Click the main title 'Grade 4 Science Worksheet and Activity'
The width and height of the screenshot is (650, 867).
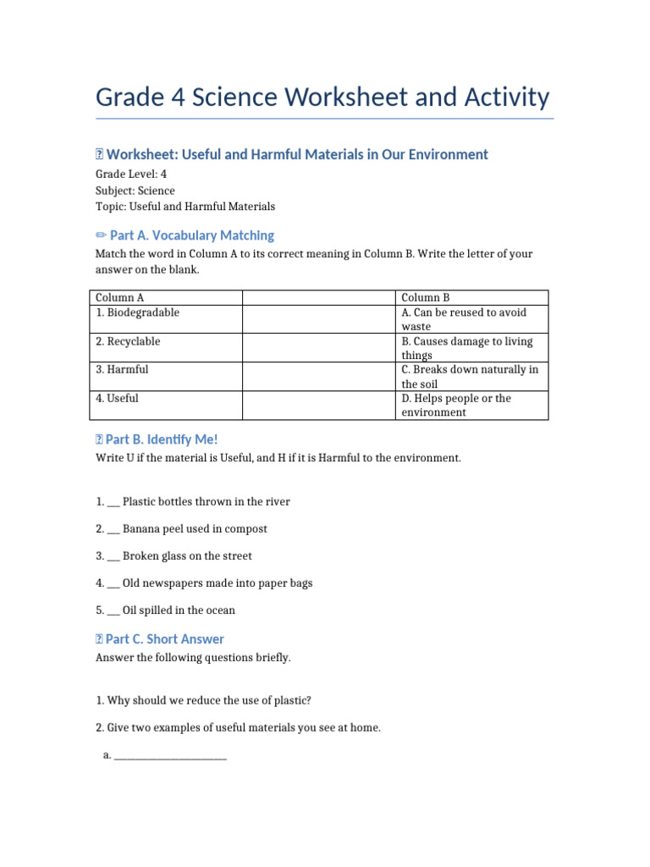pyautogui.click(x=322, y=97)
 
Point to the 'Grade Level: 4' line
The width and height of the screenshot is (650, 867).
pyautogui.click(x=130, y=174)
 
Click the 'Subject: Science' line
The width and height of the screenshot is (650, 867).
pyautogui.click(x=135, y=191)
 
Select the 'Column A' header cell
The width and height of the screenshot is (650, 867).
pyautogui.click(x=165, y=298)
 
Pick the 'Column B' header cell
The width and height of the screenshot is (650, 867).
pyautogui.click(x=471, y=298)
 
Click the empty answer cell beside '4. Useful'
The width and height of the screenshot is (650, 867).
pyautogui.click(x=318, y=406)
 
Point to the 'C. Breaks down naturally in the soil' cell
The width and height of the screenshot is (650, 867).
pyautogui.click(x=471, y=377)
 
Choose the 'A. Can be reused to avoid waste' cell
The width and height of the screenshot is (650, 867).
pyautogui.click(x=471, y=319)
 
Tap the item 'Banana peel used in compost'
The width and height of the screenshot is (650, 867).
pyautogui.click(x=194, y=529)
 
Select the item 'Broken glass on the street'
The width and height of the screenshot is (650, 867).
pyautogui.click(x=186, y=556)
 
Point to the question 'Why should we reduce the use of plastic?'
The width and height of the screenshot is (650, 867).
pyautogui.click(x=209, y=700)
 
